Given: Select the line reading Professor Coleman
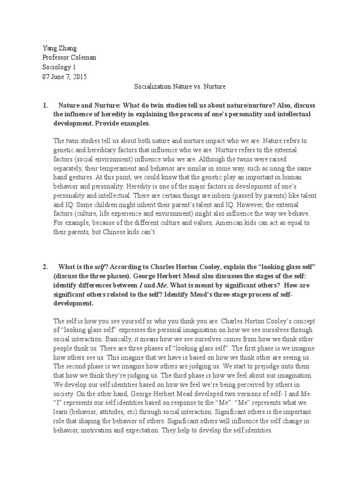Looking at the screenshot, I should (69, 57).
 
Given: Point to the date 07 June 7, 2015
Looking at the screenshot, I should (64, 77).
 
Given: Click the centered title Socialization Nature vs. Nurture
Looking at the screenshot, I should (180, 87).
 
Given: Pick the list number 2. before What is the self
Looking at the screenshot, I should (45, 267).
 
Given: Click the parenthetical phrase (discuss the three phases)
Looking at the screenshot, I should (97, 276).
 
